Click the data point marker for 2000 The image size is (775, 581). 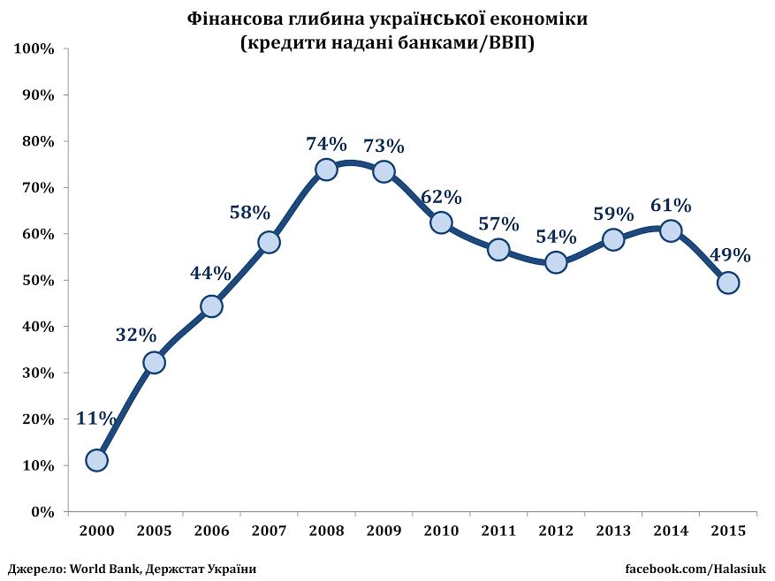point(97,460)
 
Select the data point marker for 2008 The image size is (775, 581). point(326,170)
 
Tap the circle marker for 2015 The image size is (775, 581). point(728,283)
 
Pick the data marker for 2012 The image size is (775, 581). point(556,262)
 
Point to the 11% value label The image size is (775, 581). point(95,419)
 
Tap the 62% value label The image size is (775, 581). point(441,196)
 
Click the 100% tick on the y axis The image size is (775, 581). point(34,49)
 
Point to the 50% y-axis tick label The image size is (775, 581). point(38,281)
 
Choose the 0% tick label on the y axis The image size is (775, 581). point(42,512)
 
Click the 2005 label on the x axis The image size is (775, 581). point(154,531)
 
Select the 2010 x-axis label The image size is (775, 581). point(441,531)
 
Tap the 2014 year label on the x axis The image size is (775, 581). point(671,531)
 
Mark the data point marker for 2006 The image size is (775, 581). point(211,306)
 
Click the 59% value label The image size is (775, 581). point(613,214)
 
